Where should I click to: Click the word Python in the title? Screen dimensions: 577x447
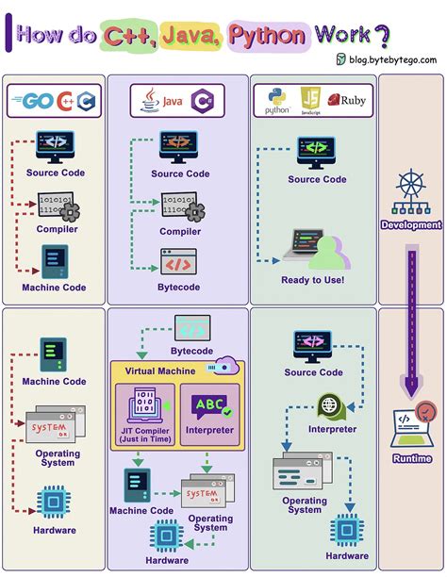pos(267,36)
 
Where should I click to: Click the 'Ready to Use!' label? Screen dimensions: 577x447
pos(312,280)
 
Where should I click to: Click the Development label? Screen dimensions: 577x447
pos(410,225)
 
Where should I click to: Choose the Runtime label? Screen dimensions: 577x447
pos(410,458)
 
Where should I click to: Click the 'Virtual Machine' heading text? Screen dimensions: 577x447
pos(160,371)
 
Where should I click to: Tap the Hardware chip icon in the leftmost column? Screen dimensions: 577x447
pos(53,503)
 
